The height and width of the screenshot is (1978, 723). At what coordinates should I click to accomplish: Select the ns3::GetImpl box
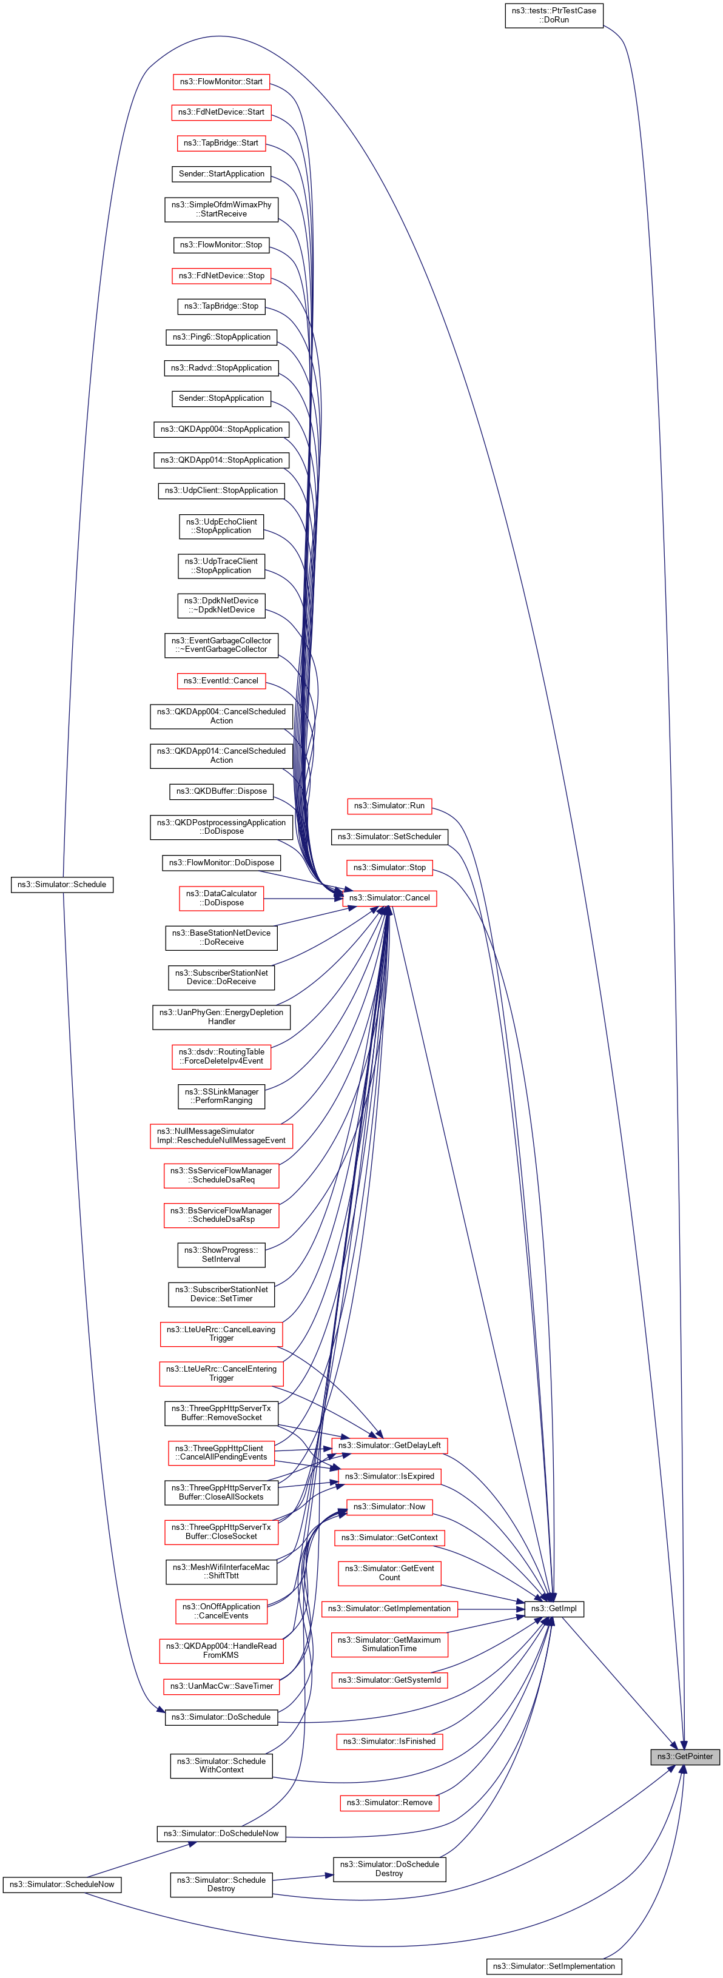(x=553, y=1608)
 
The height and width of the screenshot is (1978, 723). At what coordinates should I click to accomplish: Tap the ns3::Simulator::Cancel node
(x=389, y=897)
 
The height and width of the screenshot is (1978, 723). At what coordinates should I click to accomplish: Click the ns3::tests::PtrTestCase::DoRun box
(x=553, y=15)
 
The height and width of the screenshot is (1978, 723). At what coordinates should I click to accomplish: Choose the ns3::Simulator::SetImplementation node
(x=553, y=1966)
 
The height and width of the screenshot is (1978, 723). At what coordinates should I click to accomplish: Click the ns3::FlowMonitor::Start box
(x=221, y=81)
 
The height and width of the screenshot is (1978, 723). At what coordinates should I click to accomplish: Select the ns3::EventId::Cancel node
(x=221, y=680)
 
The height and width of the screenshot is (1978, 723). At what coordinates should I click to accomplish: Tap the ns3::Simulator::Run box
(x=389, y=805)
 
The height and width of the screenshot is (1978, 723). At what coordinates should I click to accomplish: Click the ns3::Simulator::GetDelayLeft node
(x=389, y=1445)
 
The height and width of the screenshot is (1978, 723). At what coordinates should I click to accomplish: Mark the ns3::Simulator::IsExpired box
(x=389, y=1476)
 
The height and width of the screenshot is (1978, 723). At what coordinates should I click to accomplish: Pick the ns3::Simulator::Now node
(x=389, y=1506)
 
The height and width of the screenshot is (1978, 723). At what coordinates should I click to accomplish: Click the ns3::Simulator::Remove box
(x=389, y=1802)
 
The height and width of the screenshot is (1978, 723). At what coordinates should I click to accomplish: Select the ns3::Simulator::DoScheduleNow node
(x=221, y=1833)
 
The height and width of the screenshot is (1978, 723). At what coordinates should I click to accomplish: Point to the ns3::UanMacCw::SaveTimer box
(x=221, y=1686)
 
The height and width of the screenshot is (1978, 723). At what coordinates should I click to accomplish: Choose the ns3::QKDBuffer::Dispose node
(x=221, y=791)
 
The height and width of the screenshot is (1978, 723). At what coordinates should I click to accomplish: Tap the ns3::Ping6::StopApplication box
(x=221, y=337)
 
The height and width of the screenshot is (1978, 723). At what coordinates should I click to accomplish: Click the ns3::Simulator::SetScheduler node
(x=389, y=836)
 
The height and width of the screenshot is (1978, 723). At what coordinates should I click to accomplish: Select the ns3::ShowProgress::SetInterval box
(x=221, y=1255)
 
